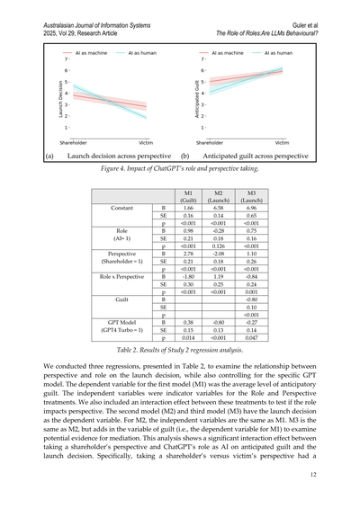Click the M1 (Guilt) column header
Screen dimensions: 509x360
tap(189, 197)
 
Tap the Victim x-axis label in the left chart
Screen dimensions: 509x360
tap(144, 142)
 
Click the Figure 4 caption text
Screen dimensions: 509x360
tap(179, 168)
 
